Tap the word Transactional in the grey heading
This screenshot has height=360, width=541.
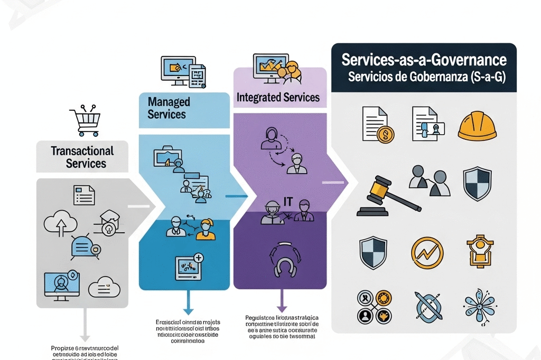click(82, 150)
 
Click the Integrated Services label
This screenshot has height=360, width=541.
click(278, 97)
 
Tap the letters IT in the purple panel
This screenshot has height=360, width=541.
click(288, 201)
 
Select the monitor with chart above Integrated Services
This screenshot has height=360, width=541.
click(272, 66)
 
